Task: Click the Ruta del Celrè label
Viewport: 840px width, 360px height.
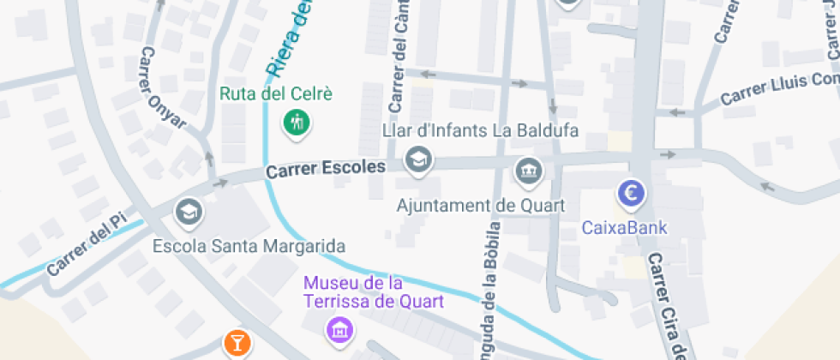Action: click(275, 93)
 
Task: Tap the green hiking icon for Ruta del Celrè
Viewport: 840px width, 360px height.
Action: click(297, 122)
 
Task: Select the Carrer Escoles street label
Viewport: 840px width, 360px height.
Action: click(325, 169)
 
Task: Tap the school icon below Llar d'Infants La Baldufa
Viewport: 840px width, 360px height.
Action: click(418, 159)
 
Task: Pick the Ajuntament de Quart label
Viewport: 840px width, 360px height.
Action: click(481, 206)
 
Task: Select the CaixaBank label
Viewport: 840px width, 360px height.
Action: click(624, 228)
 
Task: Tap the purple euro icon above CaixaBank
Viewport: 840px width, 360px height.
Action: click(632, 194)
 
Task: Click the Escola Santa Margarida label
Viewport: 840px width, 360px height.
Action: click(249, 247)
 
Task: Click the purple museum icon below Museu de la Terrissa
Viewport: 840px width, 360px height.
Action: click(340, 327)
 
